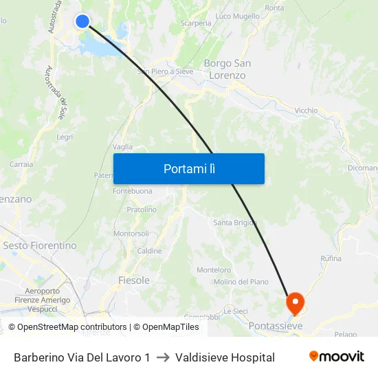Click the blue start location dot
pos(82,21)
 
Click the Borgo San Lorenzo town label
pos(227,69)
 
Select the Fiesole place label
pos(134,280)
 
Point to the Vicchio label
pos(306,110)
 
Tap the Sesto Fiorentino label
pos(40,245)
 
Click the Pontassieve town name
pos(276,326)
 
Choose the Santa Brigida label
pos(235,223)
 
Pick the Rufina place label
pos(331,258)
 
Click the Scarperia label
pos(196,23)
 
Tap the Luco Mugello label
pos(238,16)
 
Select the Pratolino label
pos(141,210)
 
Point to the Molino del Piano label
pos(241,282)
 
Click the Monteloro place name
pos(214,270)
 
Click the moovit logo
pos(337,357)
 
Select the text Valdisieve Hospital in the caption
pos(225,357)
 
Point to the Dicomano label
pos(362,168)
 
